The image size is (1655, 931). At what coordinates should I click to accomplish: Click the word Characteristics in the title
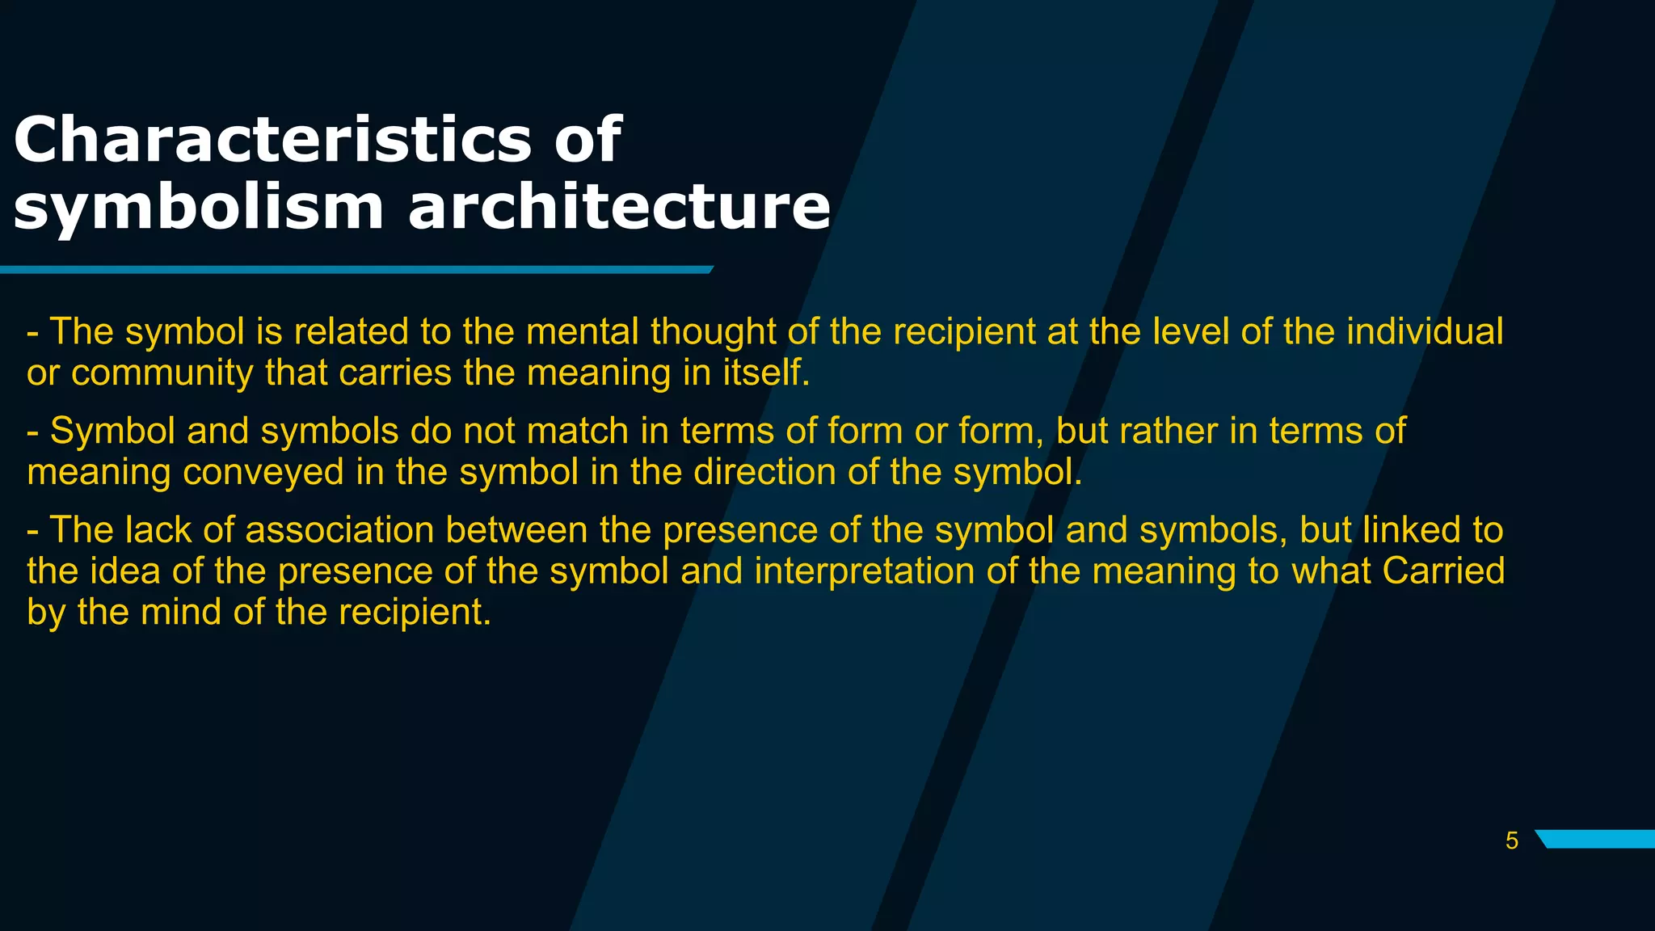(272, 139)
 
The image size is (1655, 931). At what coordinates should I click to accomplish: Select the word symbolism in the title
(198, 207)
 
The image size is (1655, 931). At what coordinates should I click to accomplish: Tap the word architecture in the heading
(619, 207)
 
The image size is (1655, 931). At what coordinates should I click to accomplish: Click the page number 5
(1512, 840)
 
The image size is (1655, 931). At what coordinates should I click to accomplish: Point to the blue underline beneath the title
(356, 269)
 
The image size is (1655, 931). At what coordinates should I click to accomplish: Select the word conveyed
(263, 472)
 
